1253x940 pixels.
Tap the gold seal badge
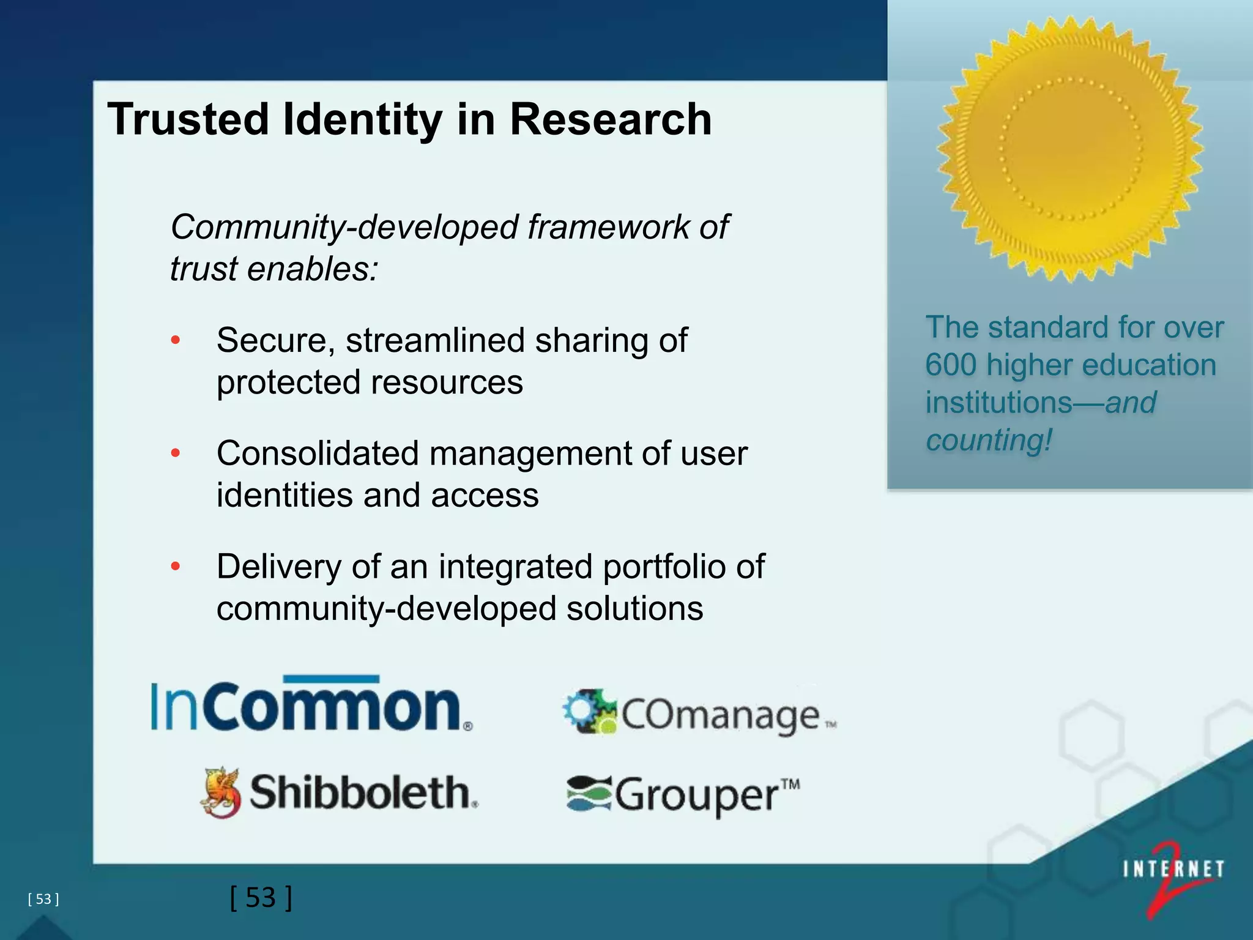1070,149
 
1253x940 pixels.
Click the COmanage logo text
722,715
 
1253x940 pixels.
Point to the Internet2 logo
1173,875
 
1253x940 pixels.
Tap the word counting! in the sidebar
989,440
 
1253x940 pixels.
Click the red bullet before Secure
176,340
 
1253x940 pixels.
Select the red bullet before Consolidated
176,453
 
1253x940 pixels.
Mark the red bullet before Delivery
176,567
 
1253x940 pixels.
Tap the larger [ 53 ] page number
261,898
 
